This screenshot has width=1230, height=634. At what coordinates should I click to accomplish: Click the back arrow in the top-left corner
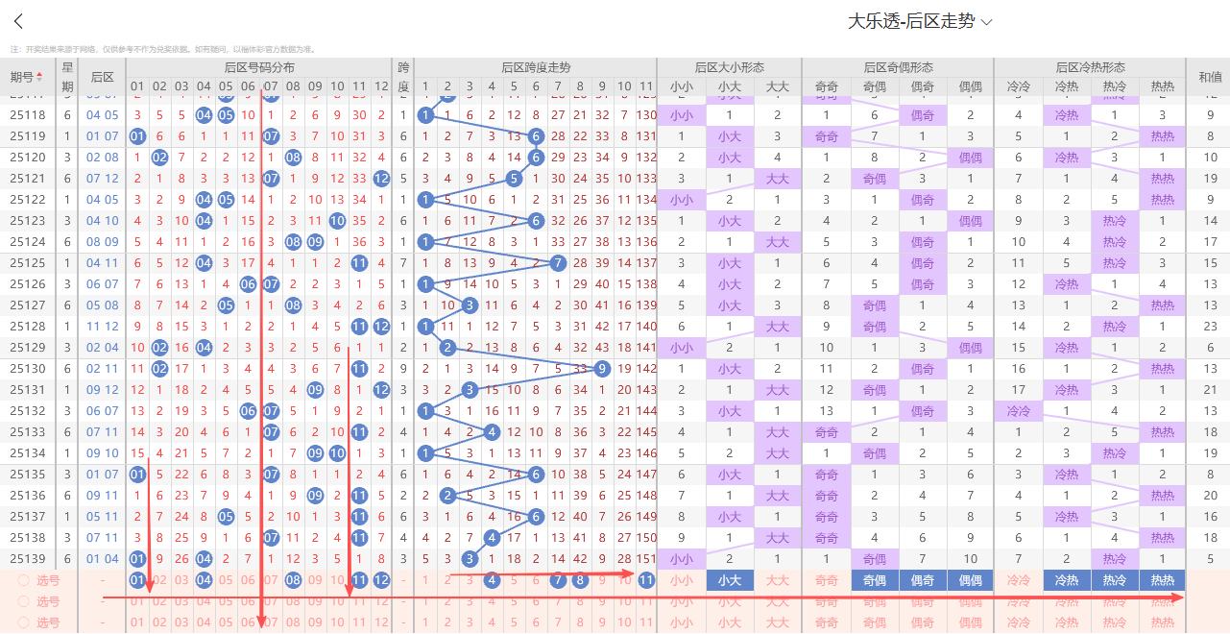click(18, 22)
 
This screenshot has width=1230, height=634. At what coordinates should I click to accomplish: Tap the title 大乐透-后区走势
click(911, 21)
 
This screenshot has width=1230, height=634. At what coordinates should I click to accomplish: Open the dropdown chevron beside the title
click(987, 21)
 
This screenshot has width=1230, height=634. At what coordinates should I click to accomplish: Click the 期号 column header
click(26, 77)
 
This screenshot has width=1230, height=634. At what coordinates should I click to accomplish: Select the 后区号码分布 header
click(259, 67)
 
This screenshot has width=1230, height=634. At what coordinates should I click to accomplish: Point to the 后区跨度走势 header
click(536, 67)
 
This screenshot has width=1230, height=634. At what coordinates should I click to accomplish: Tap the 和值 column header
click(1209, 77)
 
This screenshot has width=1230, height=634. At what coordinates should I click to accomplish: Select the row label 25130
click(28, 369)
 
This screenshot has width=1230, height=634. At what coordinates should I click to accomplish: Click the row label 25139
click(28, 559)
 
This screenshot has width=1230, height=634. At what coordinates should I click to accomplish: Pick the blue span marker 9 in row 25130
click(602, 369)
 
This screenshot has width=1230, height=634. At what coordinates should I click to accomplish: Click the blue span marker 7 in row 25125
click(558, 263)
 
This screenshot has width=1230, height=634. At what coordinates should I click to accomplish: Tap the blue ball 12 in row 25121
click(381, 179)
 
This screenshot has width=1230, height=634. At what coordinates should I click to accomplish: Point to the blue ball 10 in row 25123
click(337, 221)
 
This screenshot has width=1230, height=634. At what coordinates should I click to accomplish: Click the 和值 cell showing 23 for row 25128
click(1210, 327)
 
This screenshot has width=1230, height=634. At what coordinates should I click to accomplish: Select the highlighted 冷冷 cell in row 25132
click(1019, 411)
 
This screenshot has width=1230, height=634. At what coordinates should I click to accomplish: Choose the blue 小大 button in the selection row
click(730, 580)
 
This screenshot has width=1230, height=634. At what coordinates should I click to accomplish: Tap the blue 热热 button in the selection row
click(1162, 580)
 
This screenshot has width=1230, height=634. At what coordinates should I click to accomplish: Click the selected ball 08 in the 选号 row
click(293, 580)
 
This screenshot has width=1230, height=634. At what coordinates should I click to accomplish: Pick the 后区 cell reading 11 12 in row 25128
click(103, 327)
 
